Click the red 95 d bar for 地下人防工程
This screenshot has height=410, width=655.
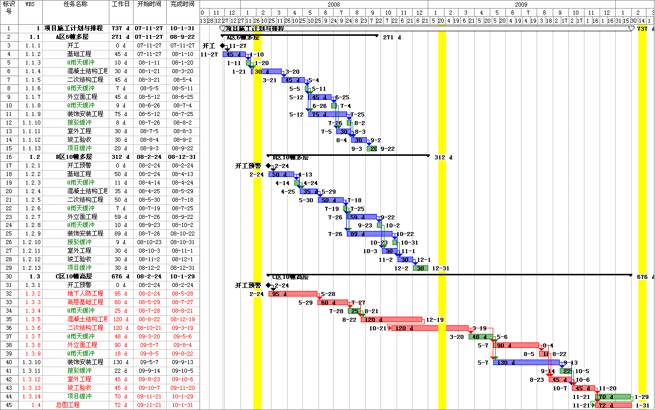click(293, 294)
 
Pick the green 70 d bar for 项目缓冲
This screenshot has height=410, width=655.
click(613, 397)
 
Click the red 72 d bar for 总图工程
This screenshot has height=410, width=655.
click(613, 405)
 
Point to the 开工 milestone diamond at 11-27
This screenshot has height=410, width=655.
click(222, 46)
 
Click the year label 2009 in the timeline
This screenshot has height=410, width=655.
click(521, 4)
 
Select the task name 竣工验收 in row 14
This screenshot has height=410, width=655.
click(79, 140)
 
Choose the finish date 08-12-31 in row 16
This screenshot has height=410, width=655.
click(182, 157)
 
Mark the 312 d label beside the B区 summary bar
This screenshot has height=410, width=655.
click(443, 157)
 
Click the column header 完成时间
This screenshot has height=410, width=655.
click(182, 4)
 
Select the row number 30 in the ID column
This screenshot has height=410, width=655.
click(9, 276)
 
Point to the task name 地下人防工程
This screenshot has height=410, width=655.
click(85, 294)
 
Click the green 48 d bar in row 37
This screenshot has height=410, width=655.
click(481, 337)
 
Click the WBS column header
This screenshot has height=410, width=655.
click(30, 4)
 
